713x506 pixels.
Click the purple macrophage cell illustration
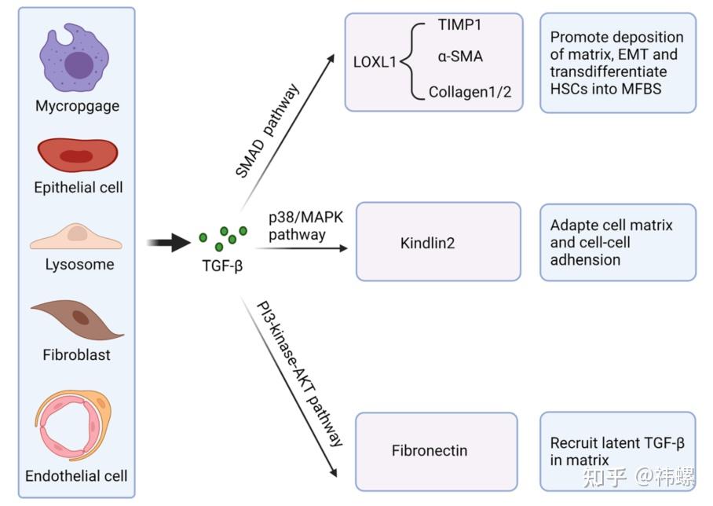coord(77,59)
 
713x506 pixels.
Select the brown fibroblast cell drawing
coord(77,317)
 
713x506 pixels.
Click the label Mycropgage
coord(77,105)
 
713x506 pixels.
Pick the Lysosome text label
coord(77,264)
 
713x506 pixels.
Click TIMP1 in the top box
coord(459,25)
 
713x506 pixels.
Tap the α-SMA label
coord(459,57)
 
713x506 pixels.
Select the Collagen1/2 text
coord(470,92)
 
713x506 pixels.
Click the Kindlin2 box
coord(438,241)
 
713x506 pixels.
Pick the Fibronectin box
coord(437,451)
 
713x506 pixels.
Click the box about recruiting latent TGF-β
coord(617,451)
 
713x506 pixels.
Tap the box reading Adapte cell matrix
coord(617,242)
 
